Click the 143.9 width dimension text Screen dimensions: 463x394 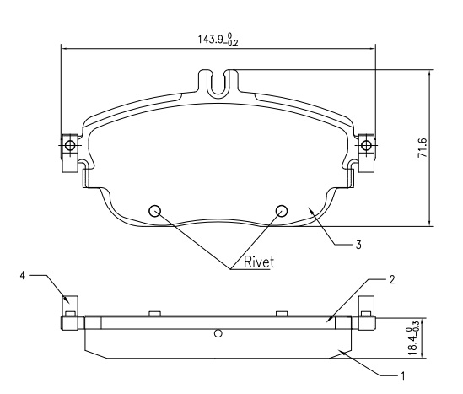pos(218,40)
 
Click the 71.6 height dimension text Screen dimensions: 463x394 pos(423,148)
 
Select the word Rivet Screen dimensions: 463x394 pos(259,262)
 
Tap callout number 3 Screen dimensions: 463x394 pos(358,245)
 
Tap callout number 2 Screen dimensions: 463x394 pos(391,279)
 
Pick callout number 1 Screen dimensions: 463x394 pos(402,376)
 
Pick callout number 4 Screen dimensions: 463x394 pos(23,276)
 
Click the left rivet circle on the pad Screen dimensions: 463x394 pos(154,211)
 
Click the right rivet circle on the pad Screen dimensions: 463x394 pos(282,211)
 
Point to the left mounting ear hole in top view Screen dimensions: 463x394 pos(70,145)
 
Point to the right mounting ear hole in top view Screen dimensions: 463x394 pos(367,145)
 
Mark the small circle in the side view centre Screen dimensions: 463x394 pos(218,333)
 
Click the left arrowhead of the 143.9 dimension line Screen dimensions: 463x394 pos(64,49)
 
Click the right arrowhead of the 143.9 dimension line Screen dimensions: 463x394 pos(373,49)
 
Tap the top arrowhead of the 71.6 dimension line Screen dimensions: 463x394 pos(429,73)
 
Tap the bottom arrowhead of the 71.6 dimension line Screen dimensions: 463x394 pos(429,224)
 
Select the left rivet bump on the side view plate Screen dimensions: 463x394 pos(154,313)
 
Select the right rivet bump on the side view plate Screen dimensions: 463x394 pos(282,313)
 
